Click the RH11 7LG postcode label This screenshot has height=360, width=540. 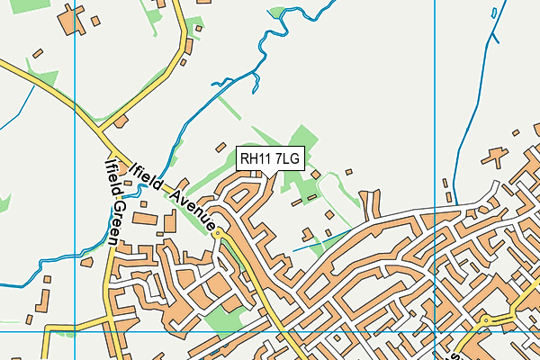pos(269,159)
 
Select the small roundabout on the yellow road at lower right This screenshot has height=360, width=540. pos(485,320)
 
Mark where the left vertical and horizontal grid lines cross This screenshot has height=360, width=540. pos(74,331)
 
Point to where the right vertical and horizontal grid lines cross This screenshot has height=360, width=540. pos(434,331)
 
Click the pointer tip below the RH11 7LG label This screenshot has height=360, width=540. pos(274,175)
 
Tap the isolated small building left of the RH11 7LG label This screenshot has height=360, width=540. pos(220,146)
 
